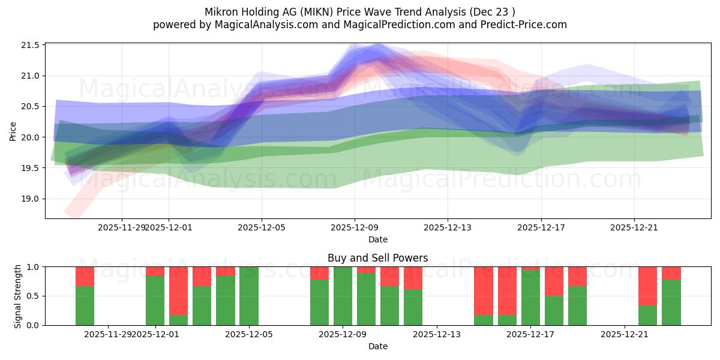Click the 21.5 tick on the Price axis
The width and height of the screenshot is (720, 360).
pos(32,45)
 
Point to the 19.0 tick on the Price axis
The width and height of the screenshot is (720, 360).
pos(32,199)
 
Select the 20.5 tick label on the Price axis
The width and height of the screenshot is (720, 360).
pos(32,106)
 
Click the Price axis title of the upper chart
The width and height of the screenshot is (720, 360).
pos(13,131)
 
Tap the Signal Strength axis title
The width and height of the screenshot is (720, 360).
pos(18,296)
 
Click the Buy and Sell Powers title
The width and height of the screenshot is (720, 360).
pos(377,258)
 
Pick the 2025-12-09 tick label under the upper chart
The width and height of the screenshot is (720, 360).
pos(355,227)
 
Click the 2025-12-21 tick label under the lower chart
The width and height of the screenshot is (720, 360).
pos(625,334)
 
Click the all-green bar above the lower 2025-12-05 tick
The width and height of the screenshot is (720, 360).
pos(249,296)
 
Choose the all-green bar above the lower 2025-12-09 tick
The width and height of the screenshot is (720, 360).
pos(343,296)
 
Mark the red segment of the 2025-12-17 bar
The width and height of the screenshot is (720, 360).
pos(531,268)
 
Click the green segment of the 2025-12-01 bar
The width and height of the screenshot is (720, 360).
pos(155,300)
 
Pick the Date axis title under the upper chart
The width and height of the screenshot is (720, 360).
pos(377,239)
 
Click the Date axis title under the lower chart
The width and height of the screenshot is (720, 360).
pos(377,346)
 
